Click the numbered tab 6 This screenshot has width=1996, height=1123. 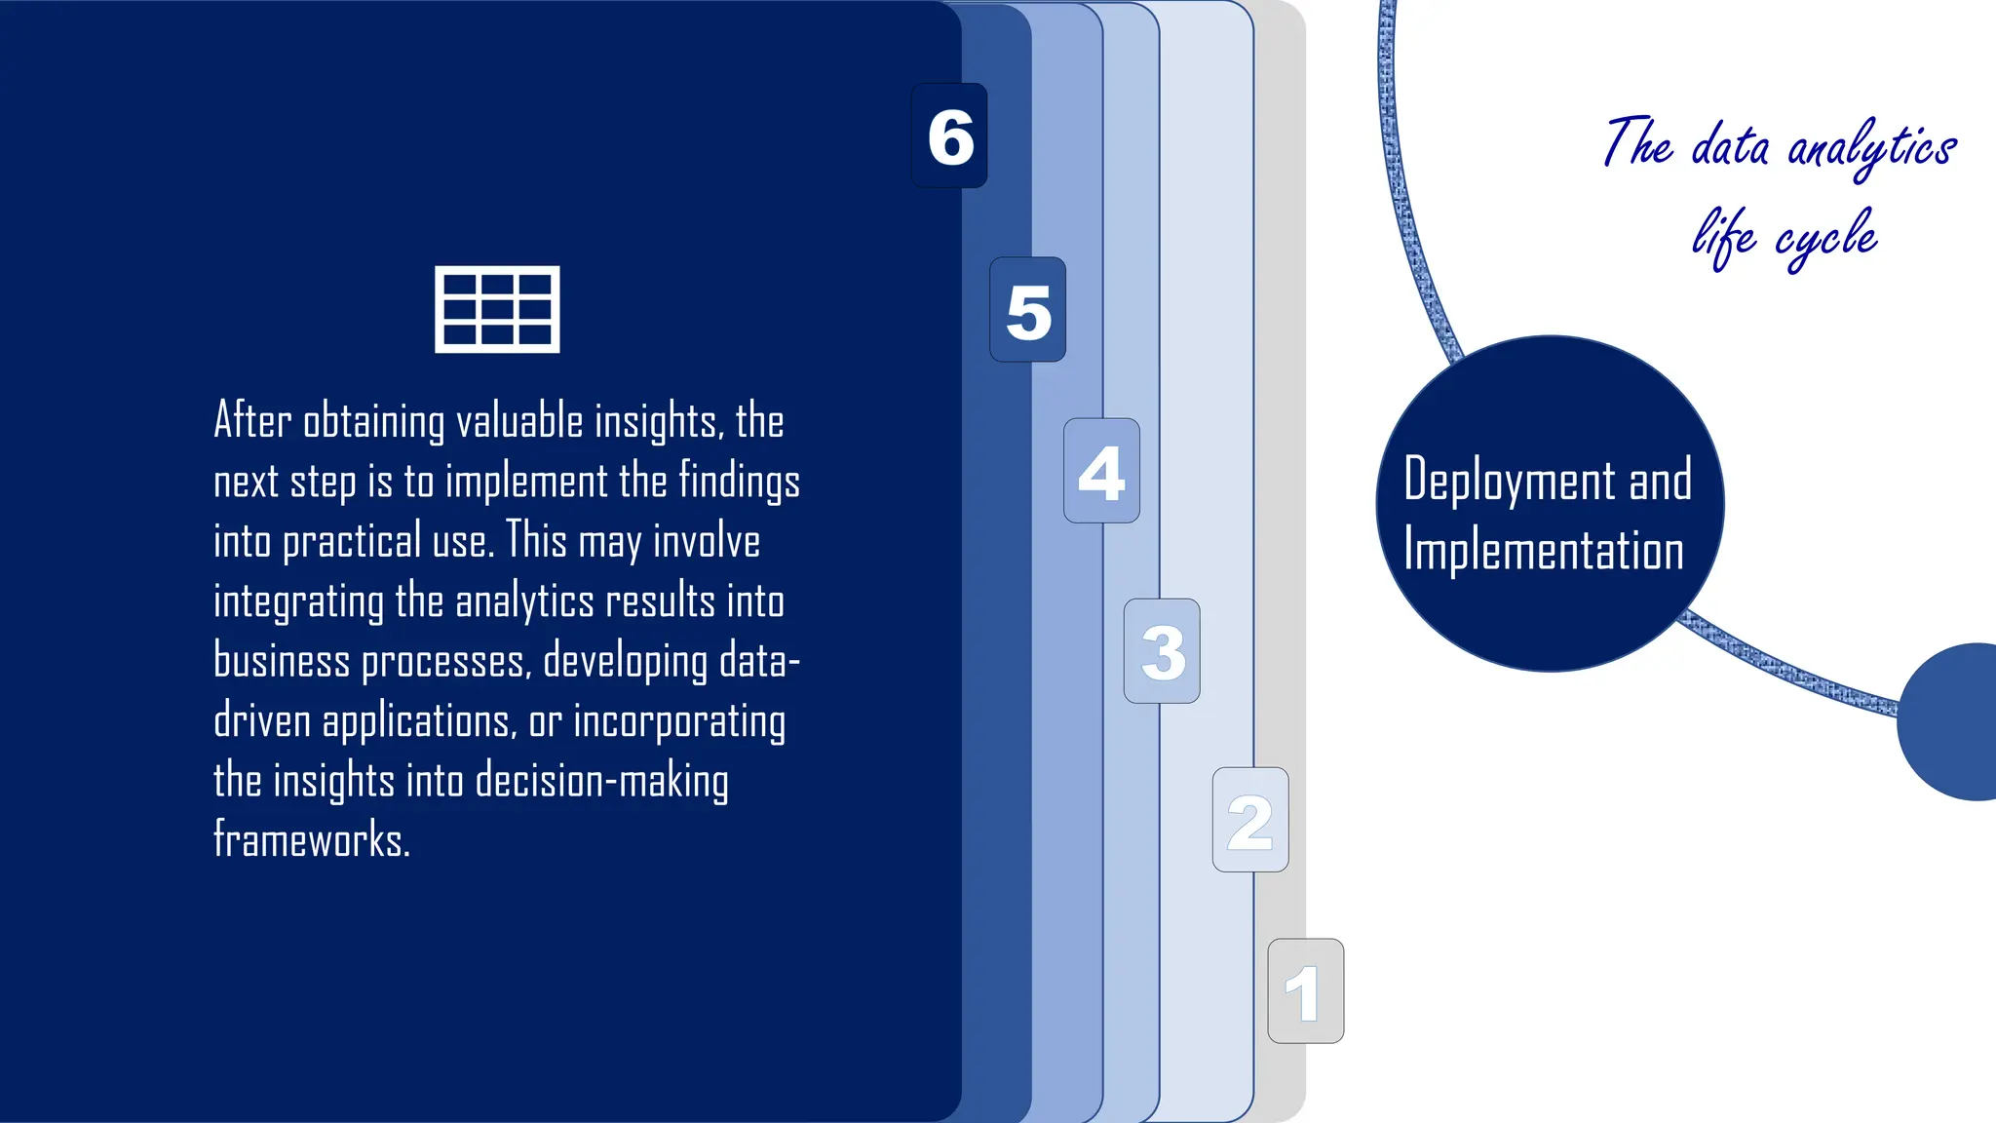[x=949, y=136]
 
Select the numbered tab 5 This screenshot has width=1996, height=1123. [x=1028, y=310]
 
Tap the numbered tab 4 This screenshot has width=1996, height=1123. [x=1101, y=471]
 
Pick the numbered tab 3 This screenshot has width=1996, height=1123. [x=1162, y=651]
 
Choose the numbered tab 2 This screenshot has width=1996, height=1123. [x=1250, y=820]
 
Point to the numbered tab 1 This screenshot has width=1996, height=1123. [x=1305, y=991]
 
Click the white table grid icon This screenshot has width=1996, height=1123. [x=497, y=309]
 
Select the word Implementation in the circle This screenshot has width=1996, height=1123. [x=1544, y=551]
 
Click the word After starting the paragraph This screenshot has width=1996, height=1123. [x=252, y=420]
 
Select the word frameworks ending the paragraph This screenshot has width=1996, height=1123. [x=311, y=840]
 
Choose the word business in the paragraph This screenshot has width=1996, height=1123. [x=282, y=661]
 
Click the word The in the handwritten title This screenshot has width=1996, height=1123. [x=1638, y=144]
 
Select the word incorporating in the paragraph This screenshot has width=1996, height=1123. [x=678, y=722]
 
